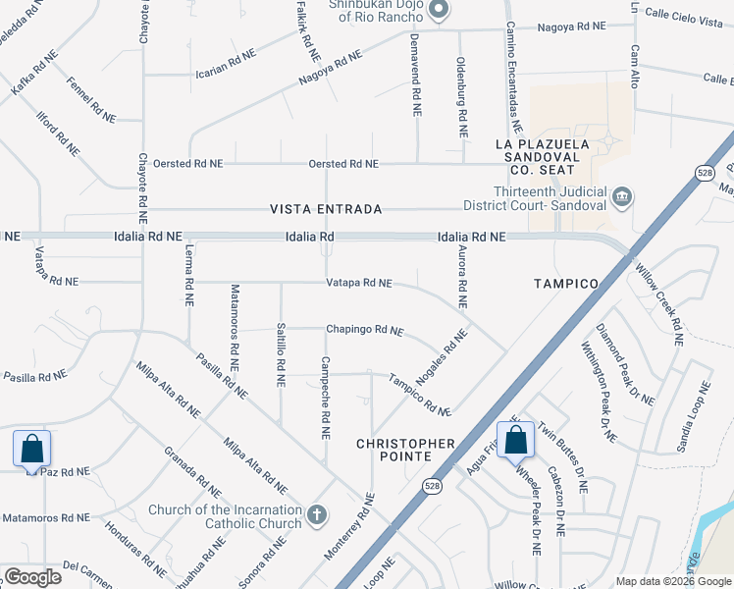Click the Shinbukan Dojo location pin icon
tap(439, 11)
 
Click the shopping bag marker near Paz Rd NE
tap(32, 450)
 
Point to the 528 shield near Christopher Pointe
tap(432, 485)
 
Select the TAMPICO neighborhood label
tap(565, 284)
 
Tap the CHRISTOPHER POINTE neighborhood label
tap(405, 451)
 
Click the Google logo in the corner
tap(32, 577)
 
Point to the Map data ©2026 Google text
tap(673, 581)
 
